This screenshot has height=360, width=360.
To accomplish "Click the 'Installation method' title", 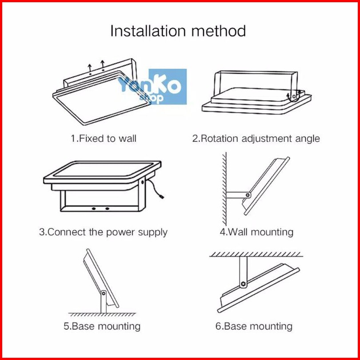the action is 178,31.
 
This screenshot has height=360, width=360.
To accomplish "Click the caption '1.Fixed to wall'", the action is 104,138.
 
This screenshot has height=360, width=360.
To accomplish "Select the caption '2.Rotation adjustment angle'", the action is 256,138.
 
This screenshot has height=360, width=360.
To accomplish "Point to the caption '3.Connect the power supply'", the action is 103,232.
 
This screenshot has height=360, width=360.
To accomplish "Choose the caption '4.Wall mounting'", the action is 256,232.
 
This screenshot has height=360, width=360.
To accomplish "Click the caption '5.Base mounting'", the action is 102,326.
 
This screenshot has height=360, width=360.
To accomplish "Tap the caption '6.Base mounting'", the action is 254,326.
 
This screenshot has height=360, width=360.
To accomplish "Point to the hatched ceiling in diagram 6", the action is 256,254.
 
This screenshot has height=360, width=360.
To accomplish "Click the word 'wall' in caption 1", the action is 127,138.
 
